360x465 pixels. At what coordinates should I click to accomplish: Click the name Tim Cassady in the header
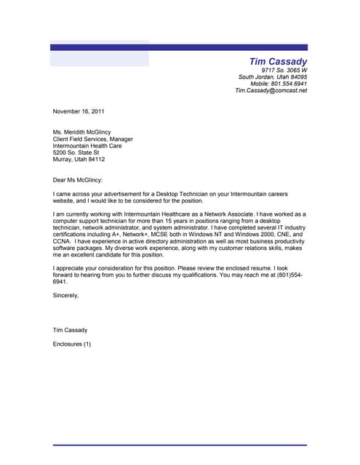point(278,62)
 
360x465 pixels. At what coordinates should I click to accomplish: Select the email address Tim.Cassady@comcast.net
point(271,91)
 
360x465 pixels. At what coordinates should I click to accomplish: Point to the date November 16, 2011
point(79,111)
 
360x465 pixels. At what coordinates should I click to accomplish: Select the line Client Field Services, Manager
point(92,138)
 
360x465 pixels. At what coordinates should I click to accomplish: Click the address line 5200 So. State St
point(76,153)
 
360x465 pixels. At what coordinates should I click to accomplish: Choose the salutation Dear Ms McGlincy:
point(78,179)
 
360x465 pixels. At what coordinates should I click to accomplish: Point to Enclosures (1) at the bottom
point(72,343)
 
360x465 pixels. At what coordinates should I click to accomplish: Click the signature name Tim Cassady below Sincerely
point(70,330)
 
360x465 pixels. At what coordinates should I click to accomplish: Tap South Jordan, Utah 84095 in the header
point(273,77)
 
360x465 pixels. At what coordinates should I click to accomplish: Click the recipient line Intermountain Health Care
point(87,145)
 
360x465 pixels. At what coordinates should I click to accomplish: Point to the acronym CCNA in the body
point(63,241)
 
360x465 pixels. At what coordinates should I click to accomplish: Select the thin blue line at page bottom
point(180,445)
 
